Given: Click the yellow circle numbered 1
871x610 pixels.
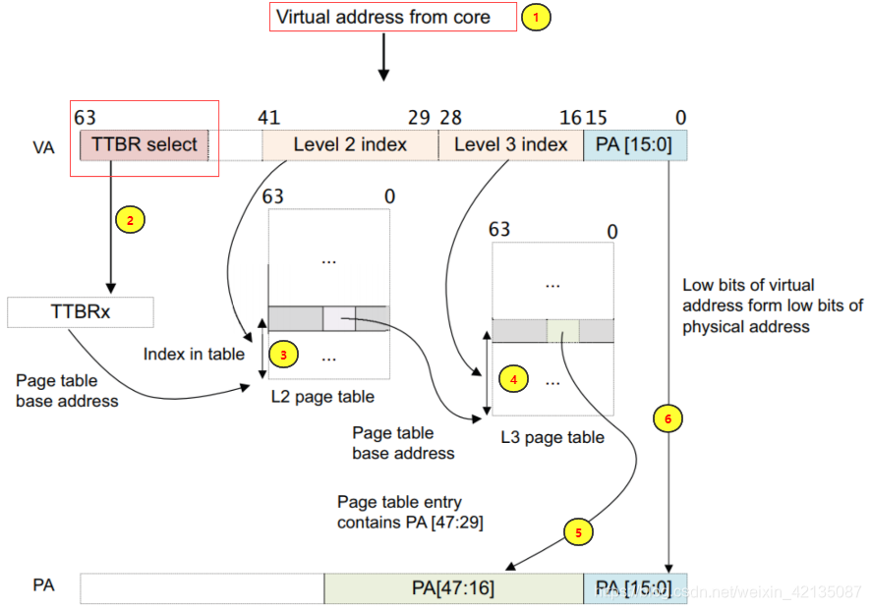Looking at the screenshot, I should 536,18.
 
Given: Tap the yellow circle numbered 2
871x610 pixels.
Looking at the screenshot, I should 130,220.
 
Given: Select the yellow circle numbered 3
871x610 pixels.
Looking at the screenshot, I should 283,354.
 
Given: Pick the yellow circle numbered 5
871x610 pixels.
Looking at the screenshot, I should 578,532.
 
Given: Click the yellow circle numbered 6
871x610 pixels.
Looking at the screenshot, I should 668,418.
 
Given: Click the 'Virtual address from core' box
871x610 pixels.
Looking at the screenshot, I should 392,17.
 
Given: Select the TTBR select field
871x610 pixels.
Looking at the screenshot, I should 144,145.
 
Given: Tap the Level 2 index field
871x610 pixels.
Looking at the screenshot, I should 350,145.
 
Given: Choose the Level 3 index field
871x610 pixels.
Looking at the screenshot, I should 510,145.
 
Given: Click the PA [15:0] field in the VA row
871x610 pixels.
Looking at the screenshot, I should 635,145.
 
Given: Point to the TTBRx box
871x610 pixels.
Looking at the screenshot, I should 80,312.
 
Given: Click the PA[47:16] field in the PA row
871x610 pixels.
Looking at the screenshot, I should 453,588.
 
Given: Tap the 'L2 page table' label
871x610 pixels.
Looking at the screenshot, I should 322,397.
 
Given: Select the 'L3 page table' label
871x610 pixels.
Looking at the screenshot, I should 552,437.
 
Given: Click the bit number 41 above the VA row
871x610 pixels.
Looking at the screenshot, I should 269,118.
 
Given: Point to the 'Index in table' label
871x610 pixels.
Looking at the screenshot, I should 194,354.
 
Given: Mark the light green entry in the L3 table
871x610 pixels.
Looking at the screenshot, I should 563,331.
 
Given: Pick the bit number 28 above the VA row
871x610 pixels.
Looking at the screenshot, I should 451,118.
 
